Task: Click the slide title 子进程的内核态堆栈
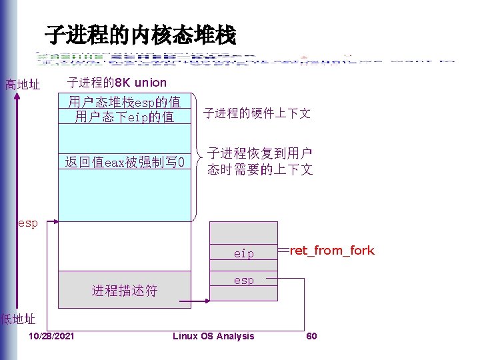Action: tap(140, 35)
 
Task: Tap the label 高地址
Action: tap(23, 85)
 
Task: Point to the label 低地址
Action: tap(18, 319)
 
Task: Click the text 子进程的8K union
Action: tap(117, 83)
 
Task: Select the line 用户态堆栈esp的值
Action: tap(125, 103)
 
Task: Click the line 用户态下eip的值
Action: tap(125, 117)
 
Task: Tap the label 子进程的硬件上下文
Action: tap(257, 113)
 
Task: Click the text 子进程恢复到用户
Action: tap(260, 153)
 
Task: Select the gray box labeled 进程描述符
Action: tap(125, 290)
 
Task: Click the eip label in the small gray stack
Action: tap(243, 254)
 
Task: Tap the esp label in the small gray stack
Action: tap(243, 281)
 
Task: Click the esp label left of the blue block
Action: tap(27, 223)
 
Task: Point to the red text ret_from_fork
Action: tap(332, 251)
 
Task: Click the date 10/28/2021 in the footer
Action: tap(52, 336)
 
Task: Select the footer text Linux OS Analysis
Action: tap(213, 336)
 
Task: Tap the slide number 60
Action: tap(311, 336)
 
